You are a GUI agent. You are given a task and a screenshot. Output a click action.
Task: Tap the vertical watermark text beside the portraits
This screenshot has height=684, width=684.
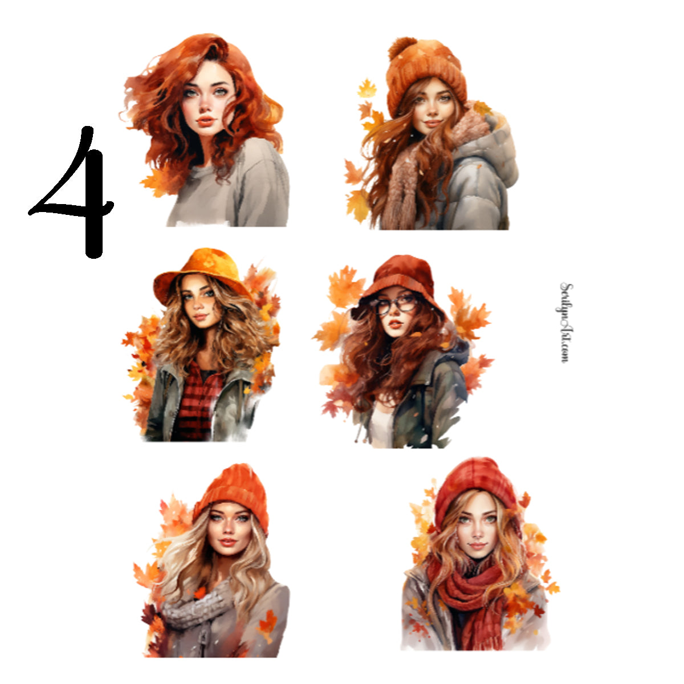(565, 323)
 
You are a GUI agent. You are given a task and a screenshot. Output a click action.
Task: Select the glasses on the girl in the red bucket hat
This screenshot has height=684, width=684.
(396, 304)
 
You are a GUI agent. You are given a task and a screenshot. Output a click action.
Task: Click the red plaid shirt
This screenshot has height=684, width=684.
(197, 399)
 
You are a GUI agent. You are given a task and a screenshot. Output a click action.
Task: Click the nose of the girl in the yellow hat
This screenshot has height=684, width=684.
(197, 308)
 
